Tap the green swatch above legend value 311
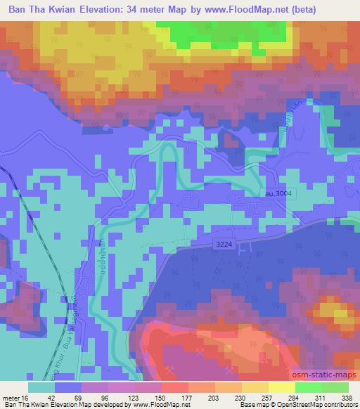click(308, 387)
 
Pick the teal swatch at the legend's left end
click(41, 387)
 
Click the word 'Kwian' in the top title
click(78, 10)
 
